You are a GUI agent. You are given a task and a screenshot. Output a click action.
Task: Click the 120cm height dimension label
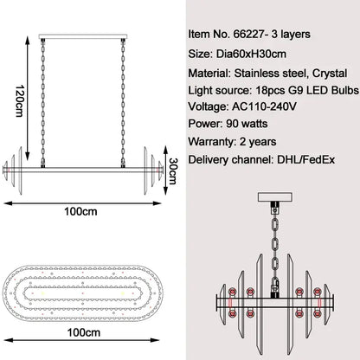(19, 100)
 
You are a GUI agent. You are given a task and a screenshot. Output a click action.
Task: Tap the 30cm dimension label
(173, 170)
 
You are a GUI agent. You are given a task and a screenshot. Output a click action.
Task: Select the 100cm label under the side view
(80, 211)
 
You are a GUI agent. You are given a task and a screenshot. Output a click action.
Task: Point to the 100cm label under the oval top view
(84, 332)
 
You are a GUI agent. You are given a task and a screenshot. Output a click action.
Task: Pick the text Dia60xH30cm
(251, 54)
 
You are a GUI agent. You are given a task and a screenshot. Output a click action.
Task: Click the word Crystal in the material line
(330, 74)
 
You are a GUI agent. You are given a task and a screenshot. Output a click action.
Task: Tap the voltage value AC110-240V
(264, 106)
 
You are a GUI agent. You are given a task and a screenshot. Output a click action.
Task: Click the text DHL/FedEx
(306, 159)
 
